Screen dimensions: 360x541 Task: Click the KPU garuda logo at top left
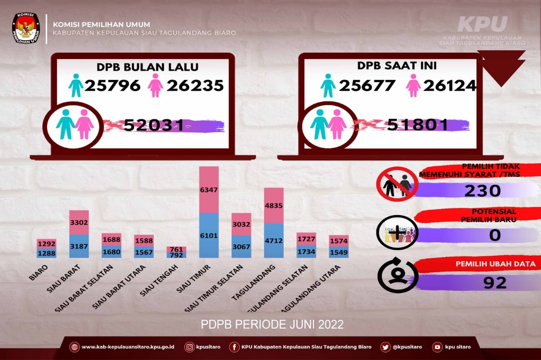pyautogui.click(x=25, y=28)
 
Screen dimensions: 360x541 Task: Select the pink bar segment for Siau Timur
pyautogui.click(x=209, y=190)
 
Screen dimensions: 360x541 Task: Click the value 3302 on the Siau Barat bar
pyautogui.click(x=79, y=222)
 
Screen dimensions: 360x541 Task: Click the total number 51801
pyautogui.click(x=417, y=125)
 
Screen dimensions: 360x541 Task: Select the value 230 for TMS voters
pyautogui.click(x=482, y=191)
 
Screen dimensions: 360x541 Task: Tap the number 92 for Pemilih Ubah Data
pyautogui.click(x=495, y=283)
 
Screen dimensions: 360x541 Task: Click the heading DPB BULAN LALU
pyautogui.click(x=147, y=67)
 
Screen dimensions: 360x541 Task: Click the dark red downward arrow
pyautogui.click(x=501, y=68)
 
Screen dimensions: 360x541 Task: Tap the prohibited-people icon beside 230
pyautogui.click(x=397, y=184)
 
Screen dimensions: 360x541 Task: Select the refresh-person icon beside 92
pyautogui.click(x=397, y=275)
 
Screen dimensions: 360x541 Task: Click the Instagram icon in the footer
pyautogui.click(x=190, y=347)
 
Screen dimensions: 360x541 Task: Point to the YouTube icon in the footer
pyautogui.click(x=437, y=347)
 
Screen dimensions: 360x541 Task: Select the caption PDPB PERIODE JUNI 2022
pyautogui.click(x=272, y=325)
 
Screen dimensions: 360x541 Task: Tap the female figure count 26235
pyautogui.click(x=195, y=86)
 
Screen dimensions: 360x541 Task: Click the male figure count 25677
pyautogui.click(x=367, y=86)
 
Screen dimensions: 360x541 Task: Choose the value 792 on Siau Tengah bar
pyautogui.click(x=176, y=255)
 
